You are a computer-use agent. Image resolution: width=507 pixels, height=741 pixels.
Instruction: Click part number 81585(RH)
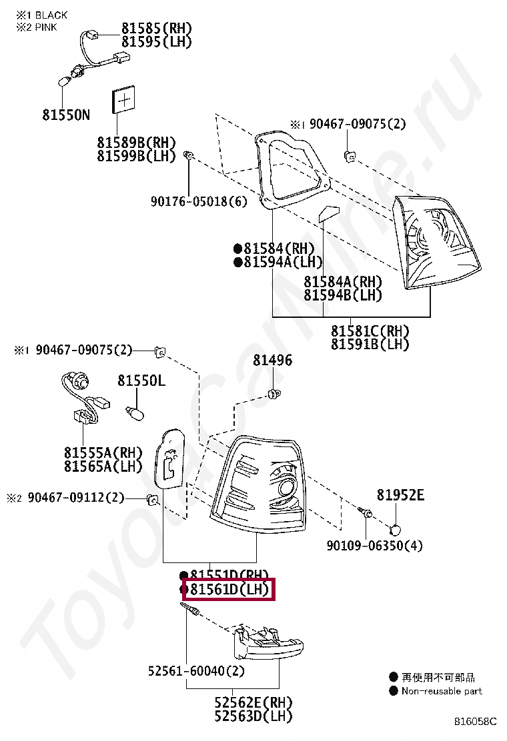pyautogui.click(x=156, y=28)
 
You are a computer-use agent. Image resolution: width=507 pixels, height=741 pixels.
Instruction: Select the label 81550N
pyautogui.click(x=65, y=115)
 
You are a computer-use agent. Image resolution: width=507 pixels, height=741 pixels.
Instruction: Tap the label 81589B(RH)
pyautogui.click(x=136, y=143)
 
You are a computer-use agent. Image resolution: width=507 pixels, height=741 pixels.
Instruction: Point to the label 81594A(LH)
pyautogui.click(x=283, y=262)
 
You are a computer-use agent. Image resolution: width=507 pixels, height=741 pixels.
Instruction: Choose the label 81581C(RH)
pyautogui.click(x=370, y=331)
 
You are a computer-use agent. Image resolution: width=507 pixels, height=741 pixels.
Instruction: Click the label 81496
pyautogui.click(x=272, y=361)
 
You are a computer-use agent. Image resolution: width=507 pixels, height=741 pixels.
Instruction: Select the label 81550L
pyautogui.click(x=141, y=380)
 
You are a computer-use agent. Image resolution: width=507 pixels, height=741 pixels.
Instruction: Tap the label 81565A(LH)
pyautogui.click(x=103, y=466)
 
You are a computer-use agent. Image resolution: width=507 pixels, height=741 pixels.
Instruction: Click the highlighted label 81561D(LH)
pyautogui.click(x=229, y=590)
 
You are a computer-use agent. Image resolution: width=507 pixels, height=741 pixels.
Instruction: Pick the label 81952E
pyautogui.click(x=400, y=495)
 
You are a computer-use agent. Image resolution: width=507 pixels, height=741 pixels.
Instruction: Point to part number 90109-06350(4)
pyautogui.click(x=374, y=546)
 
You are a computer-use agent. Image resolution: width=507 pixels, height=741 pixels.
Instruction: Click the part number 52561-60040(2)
pyautogui.click(x=197, y=671)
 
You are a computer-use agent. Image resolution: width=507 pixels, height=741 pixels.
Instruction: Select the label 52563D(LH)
pyautogui.click(x=253, y=716)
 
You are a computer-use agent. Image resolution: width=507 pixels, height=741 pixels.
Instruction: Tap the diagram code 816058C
pyautogui.click(x=476, y=721)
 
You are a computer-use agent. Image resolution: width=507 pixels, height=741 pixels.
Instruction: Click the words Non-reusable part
pyautogui.click(x=442, y=691)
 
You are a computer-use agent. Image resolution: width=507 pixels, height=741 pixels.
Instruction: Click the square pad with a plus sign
pyautogui.click(x=124, y=100)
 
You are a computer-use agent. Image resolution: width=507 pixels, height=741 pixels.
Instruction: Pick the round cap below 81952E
pyautogui.click(x=396, y=530)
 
